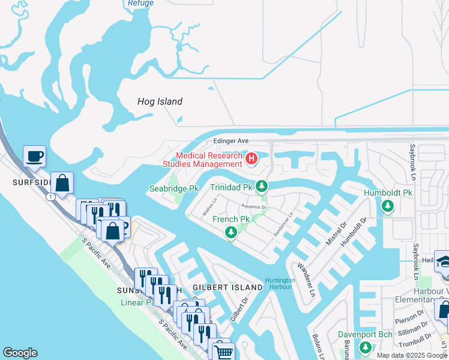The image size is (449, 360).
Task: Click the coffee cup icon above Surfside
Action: coord(34,157)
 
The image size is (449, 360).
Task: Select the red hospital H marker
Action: coord(252,159)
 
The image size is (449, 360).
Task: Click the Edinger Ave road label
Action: coord(231,141)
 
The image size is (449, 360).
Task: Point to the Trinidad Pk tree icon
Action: coord(261,187)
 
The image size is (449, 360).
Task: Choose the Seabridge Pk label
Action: coord(173,188)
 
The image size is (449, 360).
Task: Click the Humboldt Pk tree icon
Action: coord(388,206)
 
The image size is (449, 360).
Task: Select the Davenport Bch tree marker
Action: coord(365,347)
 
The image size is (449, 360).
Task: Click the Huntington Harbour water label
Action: coord(280,283)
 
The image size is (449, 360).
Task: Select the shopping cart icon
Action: coord(222,352)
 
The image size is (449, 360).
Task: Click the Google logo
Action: coord(20,353)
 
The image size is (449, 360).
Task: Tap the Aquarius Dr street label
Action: coord(253,208)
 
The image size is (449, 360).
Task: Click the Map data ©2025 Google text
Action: coord(412,355)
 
